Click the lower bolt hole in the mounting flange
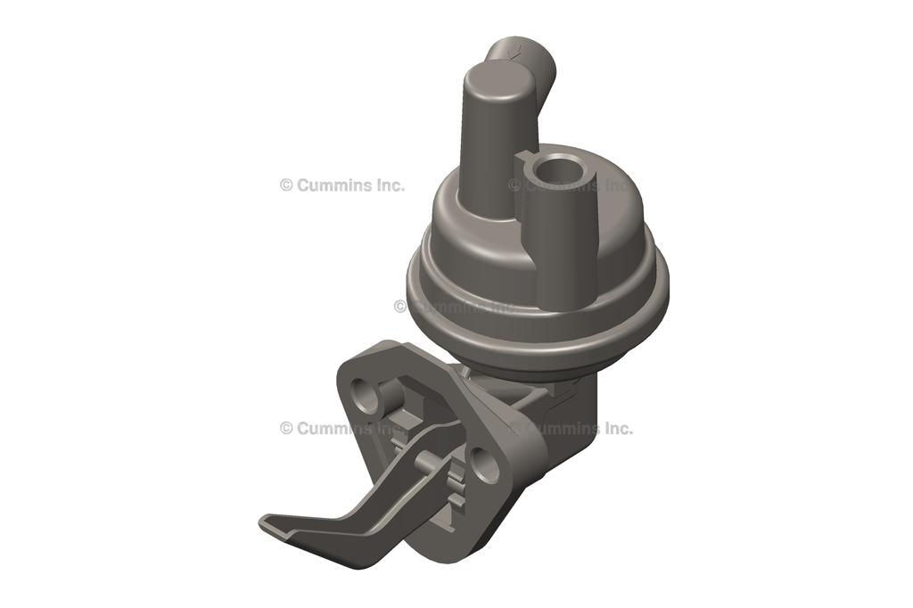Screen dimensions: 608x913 tap(485, 465)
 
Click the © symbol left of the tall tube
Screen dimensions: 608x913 tap(286, 185)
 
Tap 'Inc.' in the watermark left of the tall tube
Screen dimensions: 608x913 tap(387, 185)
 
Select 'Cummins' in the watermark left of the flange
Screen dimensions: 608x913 tap(332, 428)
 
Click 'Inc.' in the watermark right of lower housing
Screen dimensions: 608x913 tap(615, 428)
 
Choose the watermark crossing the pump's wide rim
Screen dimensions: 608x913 tap(455, 306)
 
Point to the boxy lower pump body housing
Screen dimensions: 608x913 tap(562, 419)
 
